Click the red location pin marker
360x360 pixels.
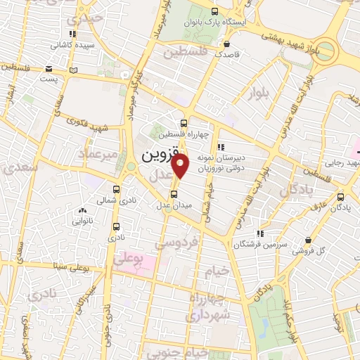[x=181, y=166]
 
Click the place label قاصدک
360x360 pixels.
[x=228, y=53]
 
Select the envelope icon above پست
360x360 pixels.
[x=49, y=68]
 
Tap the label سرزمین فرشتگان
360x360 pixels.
[x=261, y=243]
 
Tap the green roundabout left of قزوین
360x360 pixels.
[x=131, y=167]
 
